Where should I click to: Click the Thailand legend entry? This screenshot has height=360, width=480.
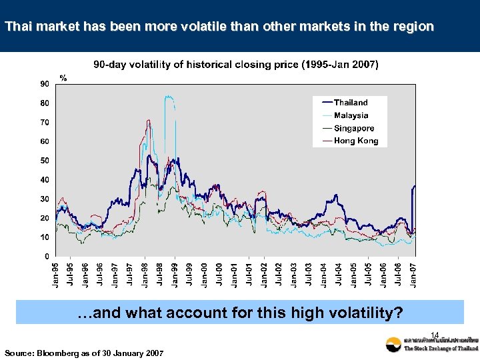coord(351,103)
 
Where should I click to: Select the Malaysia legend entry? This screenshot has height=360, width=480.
coord(351,115)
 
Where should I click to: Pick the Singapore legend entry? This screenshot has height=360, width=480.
coord(353,128)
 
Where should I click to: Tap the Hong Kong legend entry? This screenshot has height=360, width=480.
coord(355,141)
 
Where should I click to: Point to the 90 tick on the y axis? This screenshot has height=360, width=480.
coord(44,84)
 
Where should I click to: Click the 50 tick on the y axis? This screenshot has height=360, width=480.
coord(44,161)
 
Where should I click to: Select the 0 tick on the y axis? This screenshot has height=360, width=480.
coord(46,256)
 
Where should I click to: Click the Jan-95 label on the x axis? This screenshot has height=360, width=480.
coord(57,275)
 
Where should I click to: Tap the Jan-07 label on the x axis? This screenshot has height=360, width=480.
coord(414,275)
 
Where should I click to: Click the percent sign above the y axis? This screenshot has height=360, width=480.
coord(63,77)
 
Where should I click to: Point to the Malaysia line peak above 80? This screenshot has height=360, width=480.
coord(169,97)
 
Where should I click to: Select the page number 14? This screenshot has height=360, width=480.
coord(435,335)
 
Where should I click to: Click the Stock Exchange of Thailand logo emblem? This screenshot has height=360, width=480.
coord(393,345)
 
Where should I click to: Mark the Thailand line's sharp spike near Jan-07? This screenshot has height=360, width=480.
coord(414,187)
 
